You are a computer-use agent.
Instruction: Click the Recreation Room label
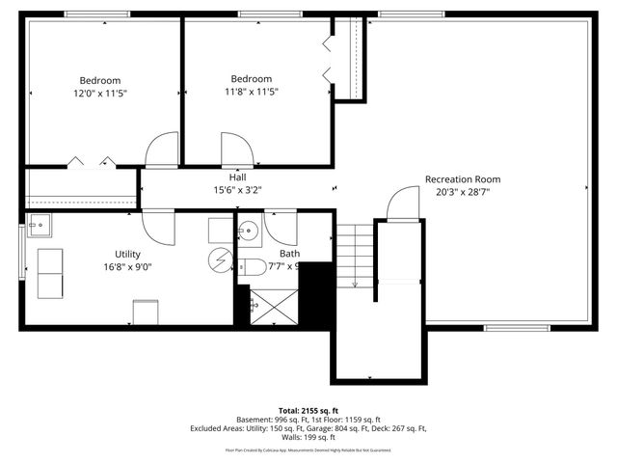[463, 178]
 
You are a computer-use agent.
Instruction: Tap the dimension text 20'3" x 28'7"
[463, 191]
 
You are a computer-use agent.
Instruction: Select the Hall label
[237, 177]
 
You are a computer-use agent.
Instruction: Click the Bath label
[289, 254]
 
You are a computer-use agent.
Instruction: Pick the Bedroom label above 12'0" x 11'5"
[100, 80]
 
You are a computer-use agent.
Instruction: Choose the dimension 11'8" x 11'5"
[251, 92]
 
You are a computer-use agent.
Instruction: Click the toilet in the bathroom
[253, 266]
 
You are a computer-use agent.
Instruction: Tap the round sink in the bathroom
[248, 230]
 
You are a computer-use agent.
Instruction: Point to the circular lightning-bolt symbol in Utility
[221, 259]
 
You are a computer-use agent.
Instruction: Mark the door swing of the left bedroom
[162, 150]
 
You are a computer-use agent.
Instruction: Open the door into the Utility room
[157, 225]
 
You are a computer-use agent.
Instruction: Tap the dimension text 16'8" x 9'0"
[127, 266]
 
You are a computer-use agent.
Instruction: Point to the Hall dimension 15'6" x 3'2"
[237, 190]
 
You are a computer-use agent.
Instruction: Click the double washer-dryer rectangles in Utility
[50, 273]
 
